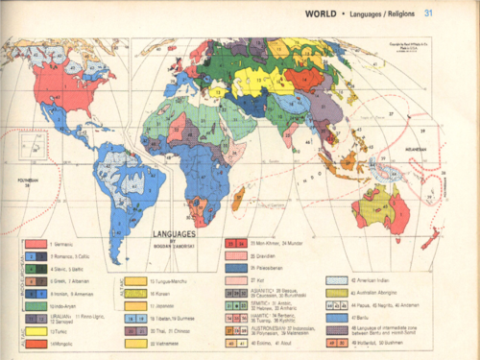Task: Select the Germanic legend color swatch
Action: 35,245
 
